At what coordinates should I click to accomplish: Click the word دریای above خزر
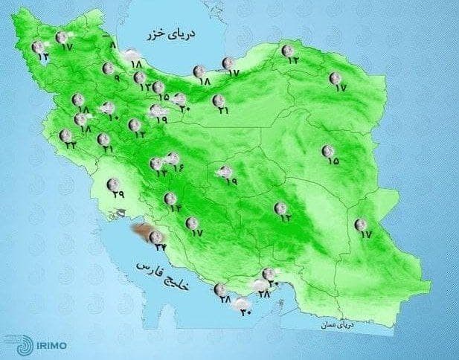tap(173, 34)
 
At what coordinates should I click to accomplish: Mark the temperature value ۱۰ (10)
tap(114, 117)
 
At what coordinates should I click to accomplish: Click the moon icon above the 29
tap(114, 184)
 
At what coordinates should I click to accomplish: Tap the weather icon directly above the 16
tap(172, 157)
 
